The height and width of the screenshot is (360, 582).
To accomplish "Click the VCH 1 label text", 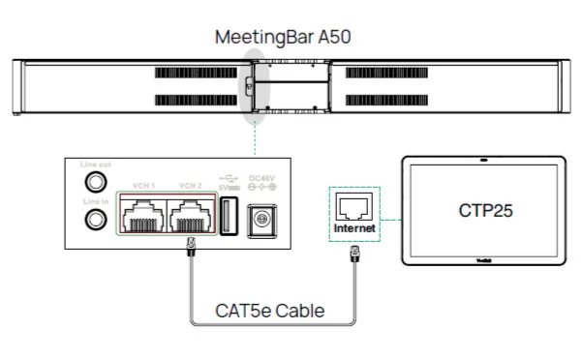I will click(x=143, y=185).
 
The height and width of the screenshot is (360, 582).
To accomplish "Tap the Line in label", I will click(x=95, y=200).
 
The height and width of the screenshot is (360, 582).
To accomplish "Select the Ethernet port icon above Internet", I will click(x=352, y=206).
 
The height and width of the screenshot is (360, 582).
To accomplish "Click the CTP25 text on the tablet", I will click(x=483, y=210).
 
